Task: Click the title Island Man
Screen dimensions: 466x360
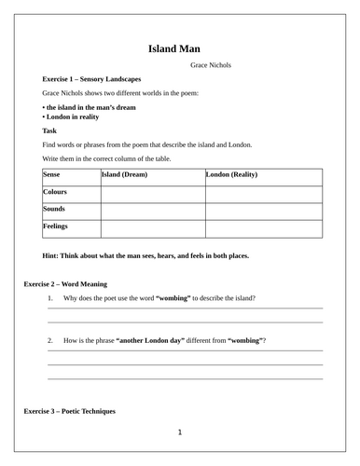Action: tap(179, 48)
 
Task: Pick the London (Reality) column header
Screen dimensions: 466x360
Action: tap(232, 174)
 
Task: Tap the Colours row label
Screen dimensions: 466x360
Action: tap(56, 191)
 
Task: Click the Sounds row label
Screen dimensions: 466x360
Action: tap(54, 209)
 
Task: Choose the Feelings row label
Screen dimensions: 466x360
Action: tap(56, 226)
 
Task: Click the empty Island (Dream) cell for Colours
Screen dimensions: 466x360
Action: tap(152, 192)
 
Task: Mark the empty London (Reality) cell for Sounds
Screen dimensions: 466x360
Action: tap(263, 210)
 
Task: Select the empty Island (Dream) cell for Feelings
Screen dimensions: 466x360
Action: tap(152, 226)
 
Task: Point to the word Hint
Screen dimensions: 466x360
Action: tap(52, 254)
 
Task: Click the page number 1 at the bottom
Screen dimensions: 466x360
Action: tap(179, 432)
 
